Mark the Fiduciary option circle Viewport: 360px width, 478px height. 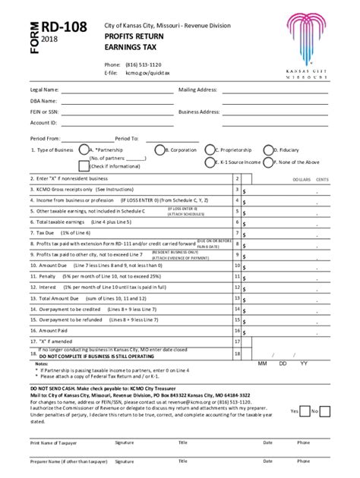267,150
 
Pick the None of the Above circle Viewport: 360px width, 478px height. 267,162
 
